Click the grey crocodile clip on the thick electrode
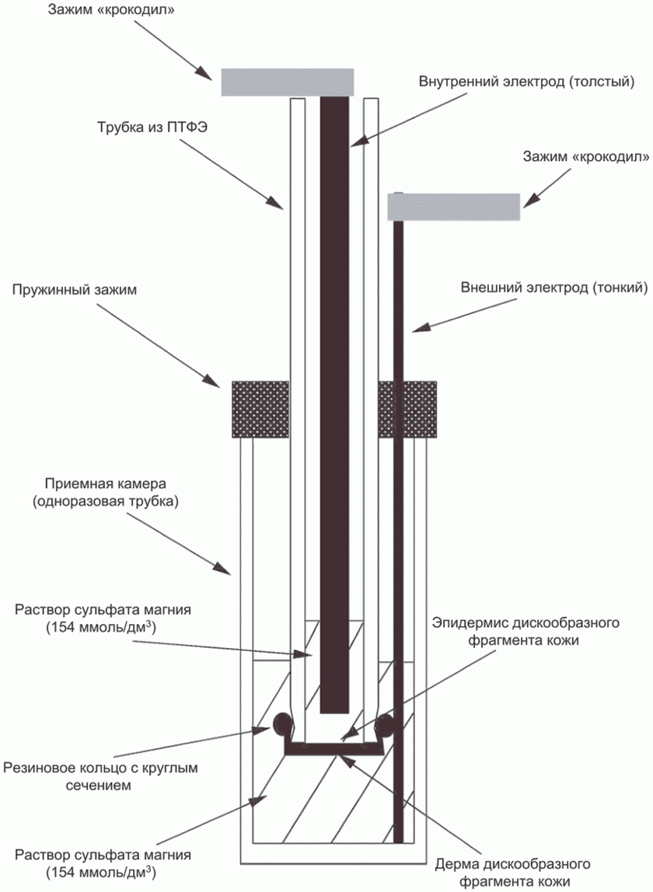click(287, 82)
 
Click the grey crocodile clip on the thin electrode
click(454, 207)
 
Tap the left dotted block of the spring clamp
click(260, 409)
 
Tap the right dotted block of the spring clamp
click(407, 409)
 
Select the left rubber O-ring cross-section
click(284, 723)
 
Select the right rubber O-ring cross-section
click(384, 723)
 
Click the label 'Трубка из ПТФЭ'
click(152, 127)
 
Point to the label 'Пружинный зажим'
click(75, 290)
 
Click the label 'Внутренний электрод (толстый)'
click(526, 82)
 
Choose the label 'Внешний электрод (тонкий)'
click(554, 287)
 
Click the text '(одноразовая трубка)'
click(105, 502)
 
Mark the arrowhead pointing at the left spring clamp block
click(213, 382)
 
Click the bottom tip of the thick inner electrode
click(334, 713)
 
